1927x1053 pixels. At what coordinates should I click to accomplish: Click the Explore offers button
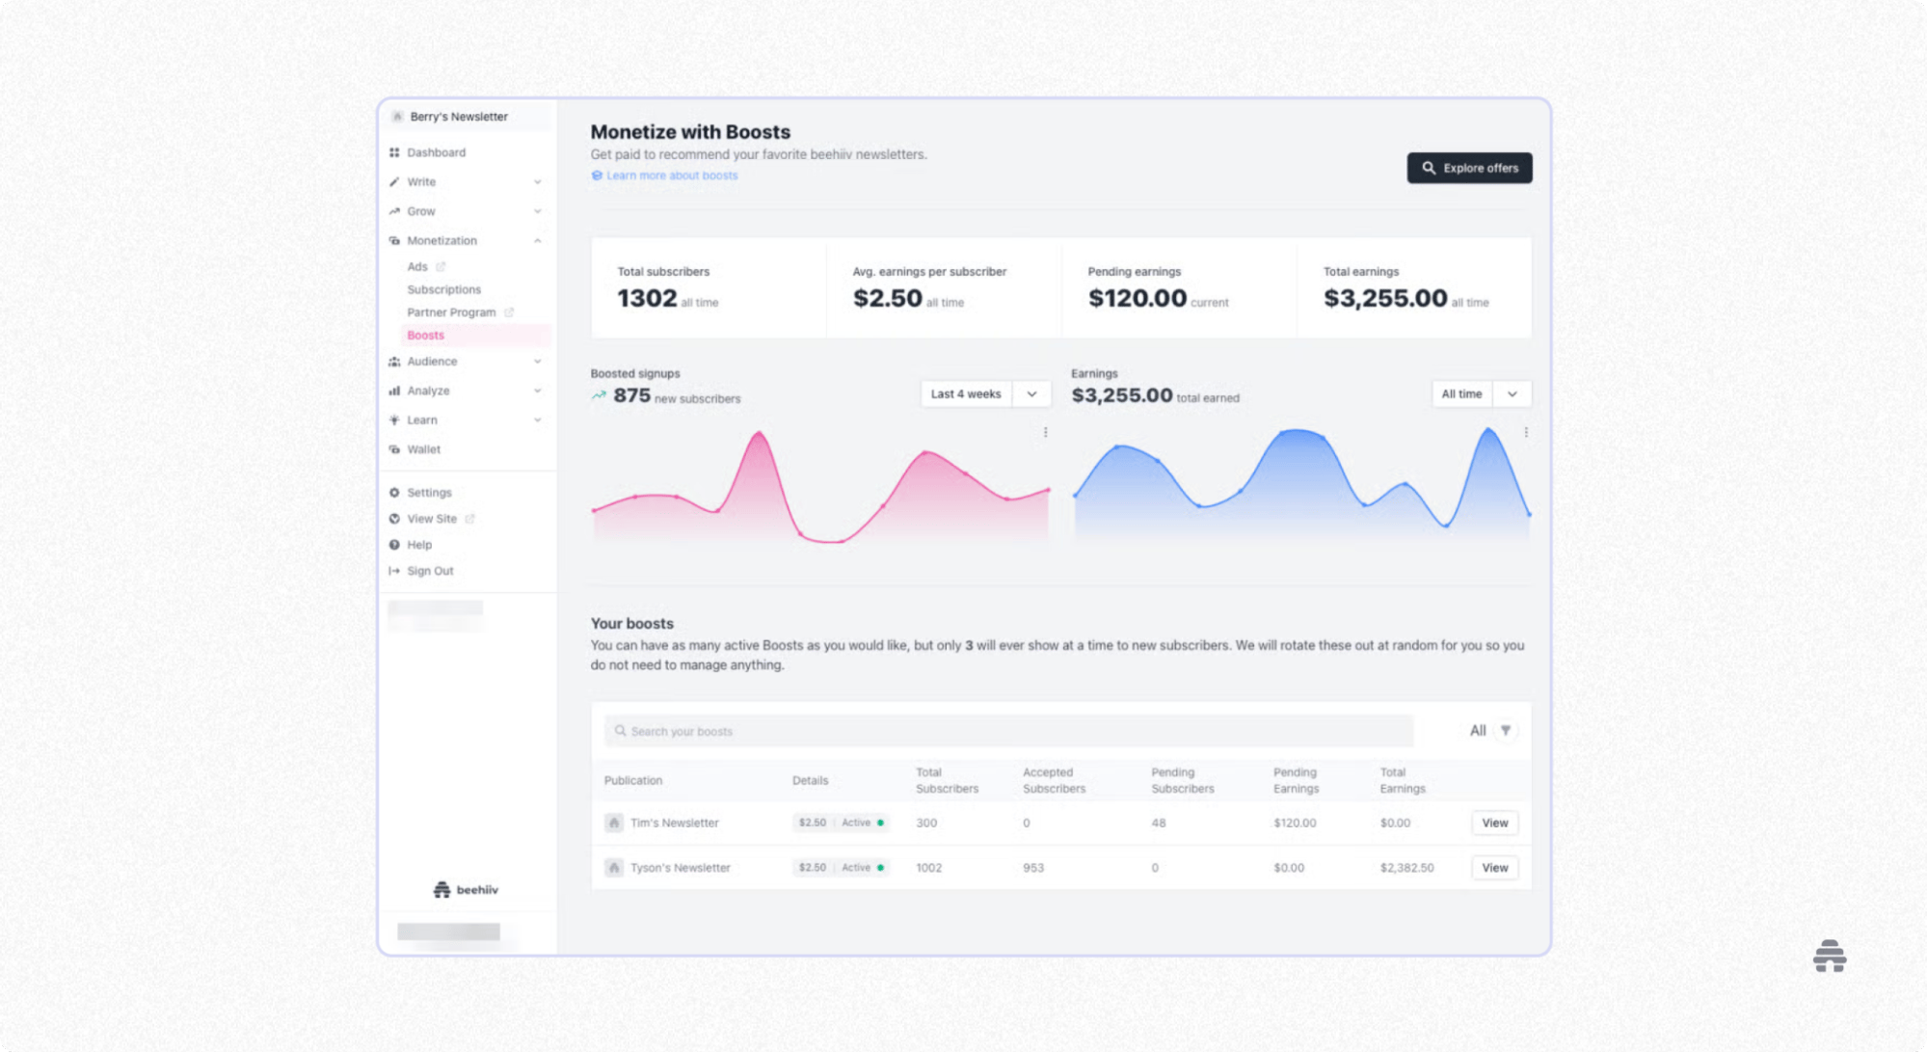point(1469,168)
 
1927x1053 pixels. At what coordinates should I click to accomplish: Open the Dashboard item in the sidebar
point(436,152)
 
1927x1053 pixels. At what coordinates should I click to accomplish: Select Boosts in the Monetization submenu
point(425,336)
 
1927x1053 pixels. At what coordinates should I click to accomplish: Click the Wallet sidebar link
point(423,449)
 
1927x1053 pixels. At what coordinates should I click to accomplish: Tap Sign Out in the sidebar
point(429,571)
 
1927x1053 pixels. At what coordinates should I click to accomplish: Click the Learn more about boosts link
point(671,175)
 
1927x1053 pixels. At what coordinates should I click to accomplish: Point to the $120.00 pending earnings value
point(1137,299)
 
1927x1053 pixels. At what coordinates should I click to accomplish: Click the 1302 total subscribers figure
point(647,299)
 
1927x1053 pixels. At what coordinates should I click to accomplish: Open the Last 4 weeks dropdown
point(984,393)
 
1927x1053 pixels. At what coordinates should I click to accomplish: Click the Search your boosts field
point(1008,731)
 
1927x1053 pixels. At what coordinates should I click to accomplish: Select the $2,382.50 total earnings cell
point(1406,868)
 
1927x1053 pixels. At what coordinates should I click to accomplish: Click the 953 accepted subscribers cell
point(1032,868)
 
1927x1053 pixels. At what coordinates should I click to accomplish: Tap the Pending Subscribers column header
point(1182,780)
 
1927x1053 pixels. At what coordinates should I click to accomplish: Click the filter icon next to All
point(1505,730)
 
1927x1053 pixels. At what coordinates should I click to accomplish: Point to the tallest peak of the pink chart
point(760,433)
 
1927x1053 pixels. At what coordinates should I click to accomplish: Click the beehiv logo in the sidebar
point(467,889)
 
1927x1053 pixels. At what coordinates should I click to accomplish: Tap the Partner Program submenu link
point(451,312)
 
